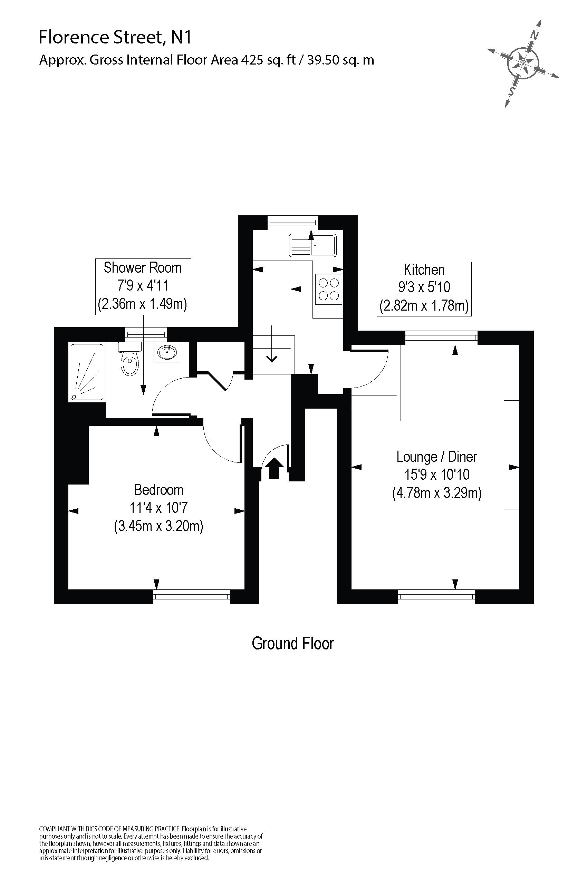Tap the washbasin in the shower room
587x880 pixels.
coord(167,352)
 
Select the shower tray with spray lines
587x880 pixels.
coord(86,372)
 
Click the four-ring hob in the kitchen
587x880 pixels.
coord(329,289)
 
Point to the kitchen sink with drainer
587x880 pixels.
coord(312,245)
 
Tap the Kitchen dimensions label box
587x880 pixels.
coord(424,289)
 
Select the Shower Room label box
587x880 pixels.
coord(143,286)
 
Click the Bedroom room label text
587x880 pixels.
coord(159,490)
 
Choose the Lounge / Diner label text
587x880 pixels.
coord(436,457)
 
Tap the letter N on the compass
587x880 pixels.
coord(535,36)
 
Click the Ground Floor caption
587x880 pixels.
coord(293,644)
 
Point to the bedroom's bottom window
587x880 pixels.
coord(191,596)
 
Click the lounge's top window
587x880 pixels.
coord(442,338)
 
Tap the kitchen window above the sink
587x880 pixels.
coord(293,223)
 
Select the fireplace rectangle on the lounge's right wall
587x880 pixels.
coord(511,454)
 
